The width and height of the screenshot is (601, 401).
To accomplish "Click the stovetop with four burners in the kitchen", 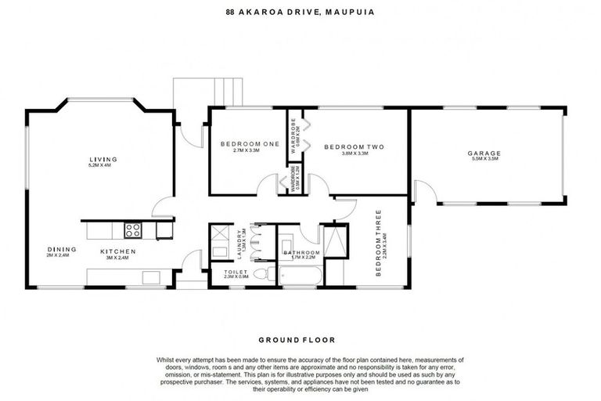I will tap(132, 230).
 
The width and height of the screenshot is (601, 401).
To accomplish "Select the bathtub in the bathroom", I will tap(300, 276).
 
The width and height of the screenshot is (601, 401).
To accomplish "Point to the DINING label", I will tap(59, 250).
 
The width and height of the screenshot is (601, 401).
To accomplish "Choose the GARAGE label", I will tap(484, 153).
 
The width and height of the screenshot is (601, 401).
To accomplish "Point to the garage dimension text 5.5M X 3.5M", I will tap(484, 160).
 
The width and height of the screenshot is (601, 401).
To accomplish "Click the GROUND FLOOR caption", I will tap(297, 340).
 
